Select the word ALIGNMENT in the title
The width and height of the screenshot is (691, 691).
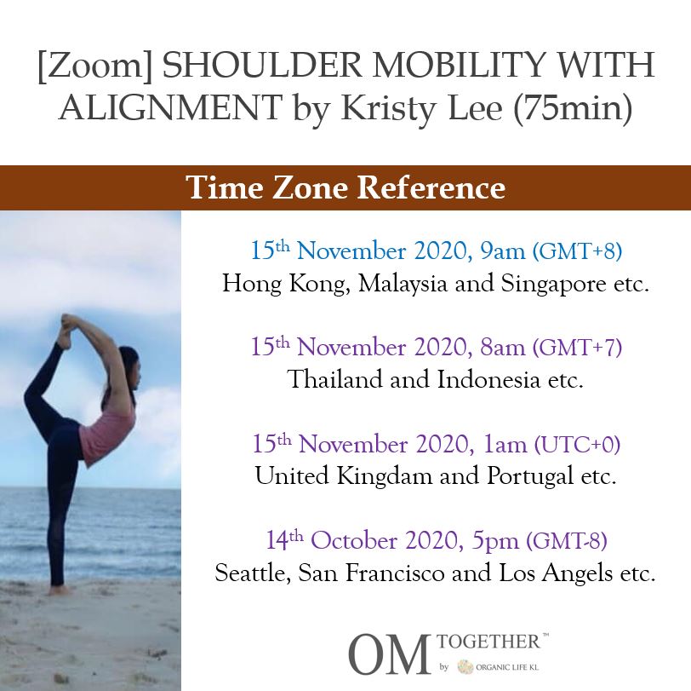click(170, 108)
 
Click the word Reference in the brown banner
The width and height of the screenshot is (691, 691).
click(431, 187)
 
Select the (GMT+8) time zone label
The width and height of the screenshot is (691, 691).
click(577, 251)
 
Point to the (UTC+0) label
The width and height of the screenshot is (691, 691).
click(577, 444)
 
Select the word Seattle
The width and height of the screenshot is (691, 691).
click(252, 573)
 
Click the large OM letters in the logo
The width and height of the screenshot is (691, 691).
click(389, 654)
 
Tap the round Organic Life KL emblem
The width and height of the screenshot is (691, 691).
click(465, 667)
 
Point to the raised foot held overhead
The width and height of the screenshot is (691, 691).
click(66, 330)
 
